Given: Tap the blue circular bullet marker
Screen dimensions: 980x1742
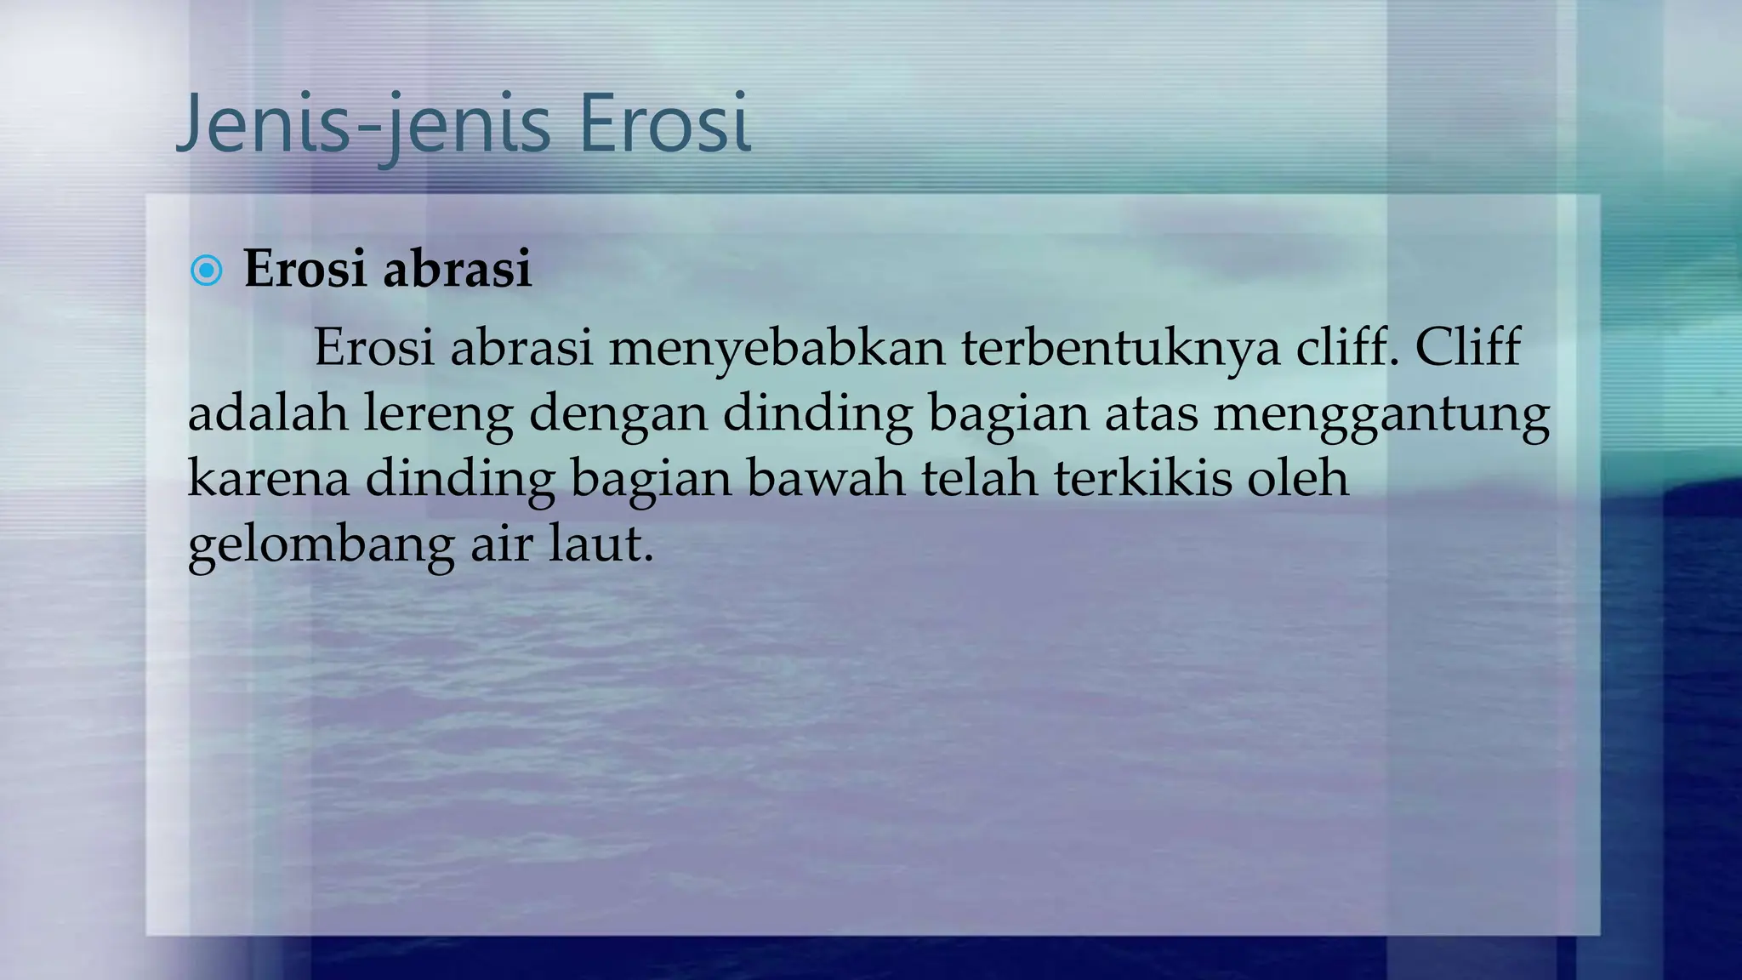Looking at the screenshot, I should (207, 271).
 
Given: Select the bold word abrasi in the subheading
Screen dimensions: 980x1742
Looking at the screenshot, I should (457, 269).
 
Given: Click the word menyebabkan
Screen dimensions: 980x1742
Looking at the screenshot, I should (776, 348).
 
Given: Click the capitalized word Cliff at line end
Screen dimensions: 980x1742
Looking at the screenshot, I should (1467, 348).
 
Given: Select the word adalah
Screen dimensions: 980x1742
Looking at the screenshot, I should (267, 413).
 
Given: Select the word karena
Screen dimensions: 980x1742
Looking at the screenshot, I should (268, 479).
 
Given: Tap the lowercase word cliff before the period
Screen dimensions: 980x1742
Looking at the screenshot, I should (1346, 348).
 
